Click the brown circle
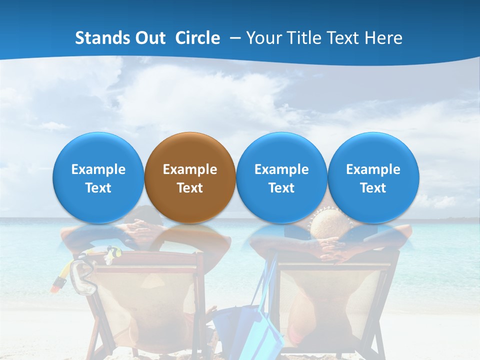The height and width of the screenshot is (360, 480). click(x=190, y=177)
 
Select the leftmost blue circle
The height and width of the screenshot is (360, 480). click(x=98, y=177)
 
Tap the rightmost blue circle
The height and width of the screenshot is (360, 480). click(x=373, y=177)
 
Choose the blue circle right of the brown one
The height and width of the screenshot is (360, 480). click(x=281, y=177)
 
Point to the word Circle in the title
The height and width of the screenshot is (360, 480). click(x=197, y=38)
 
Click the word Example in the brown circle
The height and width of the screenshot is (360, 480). click(x=190, y=169)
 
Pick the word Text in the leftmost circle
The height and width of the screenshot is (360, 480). click(x=98, y=188)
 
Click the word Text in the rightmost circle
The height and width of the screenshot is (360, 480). click(x=373, y=188)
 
